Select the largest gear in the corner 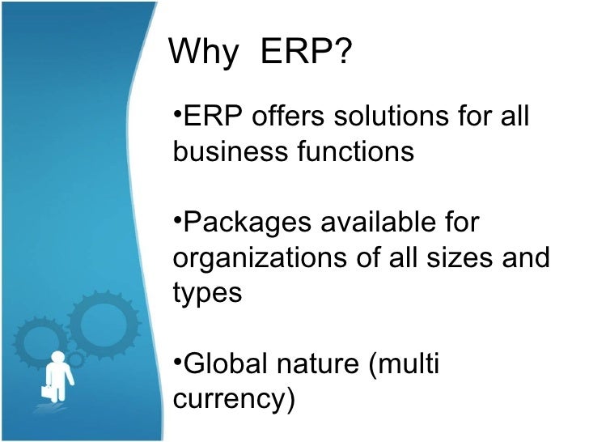click(x=100, y=323)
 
